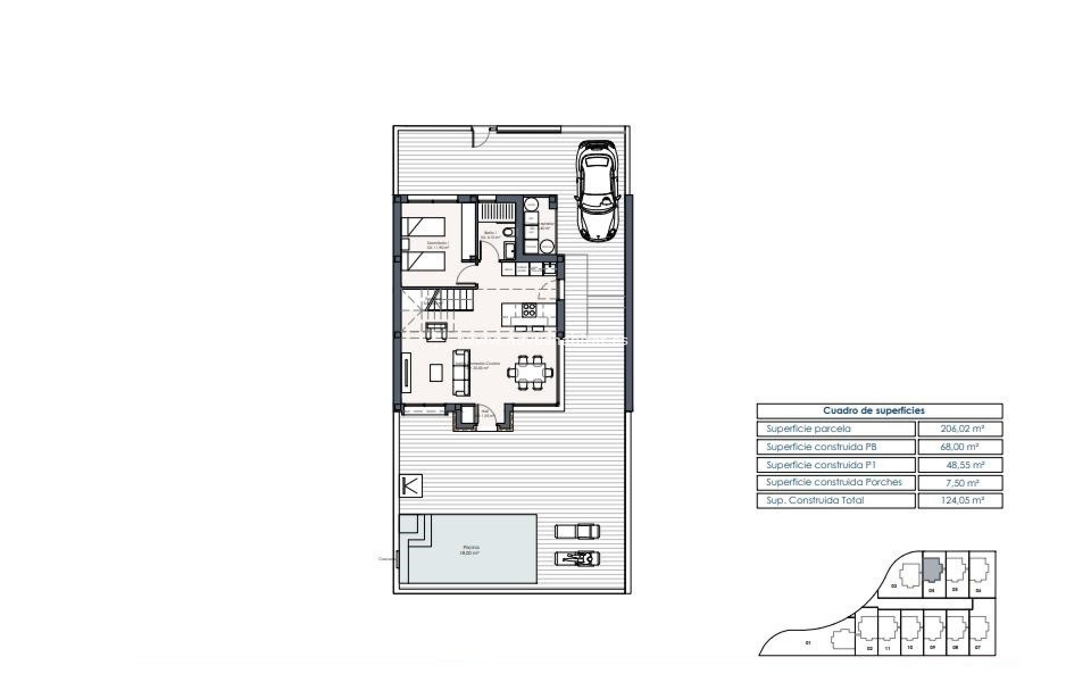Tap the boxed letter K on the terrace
pyautogui.click(x=411, y=486)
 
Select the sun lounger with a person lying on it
pyautogui.click(x=577, y=559)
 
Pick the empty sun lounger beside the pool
pyautogui.click(x=577, y=531)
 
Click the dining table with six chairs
pyautogui.click(x=530, y=373)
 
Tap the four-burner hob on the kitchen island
pyautogui.click(x=529, y=310)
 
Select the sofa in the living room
pyautogui.click(x=461, y=373)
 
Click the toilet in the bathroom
pyautogui.click(x=510, y=233)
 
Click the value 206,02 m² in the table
pyautogui.click(x=960, y=429)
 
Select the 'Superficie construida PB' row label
pyautogui.click(x=821, y=447)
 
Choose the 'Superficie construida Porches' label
pyautogui.click(x=834, y=483)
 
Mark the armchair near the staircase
pyautogui.click(x=436, y=331)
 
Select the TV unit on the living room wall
pyautogui.click(x=406, y=373)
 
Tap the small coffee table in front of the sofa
pyautogui.click(x=436, y=373)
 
